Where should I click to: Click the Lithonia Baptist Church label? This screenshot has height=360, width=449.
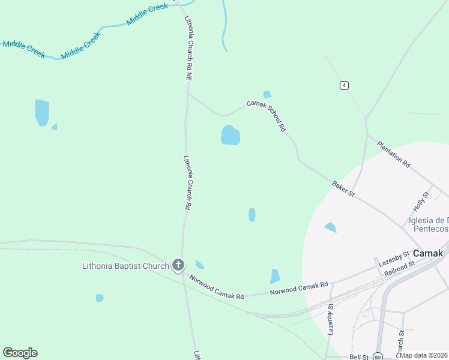(x=126, y=266)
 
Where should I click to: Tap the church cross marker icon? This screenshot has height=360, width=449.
(x=178, y=265)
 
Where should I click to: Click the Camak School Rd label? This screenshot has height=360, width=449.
(x=266, y=115)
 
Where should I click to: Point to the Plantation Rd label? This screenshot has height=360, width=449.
(x=393, y=154)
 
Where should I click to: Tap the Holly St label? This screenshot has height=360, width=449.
(x=421, y=201)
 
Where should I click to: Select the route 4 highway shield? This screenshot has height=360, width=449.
(x=343, y=85)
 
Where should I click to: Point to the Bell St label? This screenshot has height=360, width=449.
(x=358, y=356)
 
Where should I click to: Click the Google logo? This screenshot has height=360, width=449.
(x=20, y=353)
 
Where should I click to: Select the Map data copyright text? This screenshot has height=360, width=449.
(x=423, y=355)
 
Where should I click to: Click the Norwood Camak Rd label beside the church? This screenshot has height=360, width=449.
(x=217, y=287)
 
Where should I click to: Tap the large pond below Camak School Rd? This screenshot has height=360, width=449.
(x=231, y=135)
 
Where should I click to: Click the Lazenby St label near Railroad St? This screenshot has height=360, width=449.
(x=393, y=259)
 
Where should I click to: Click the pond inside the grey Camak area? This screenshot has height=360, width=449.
(x=330, y=227)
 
